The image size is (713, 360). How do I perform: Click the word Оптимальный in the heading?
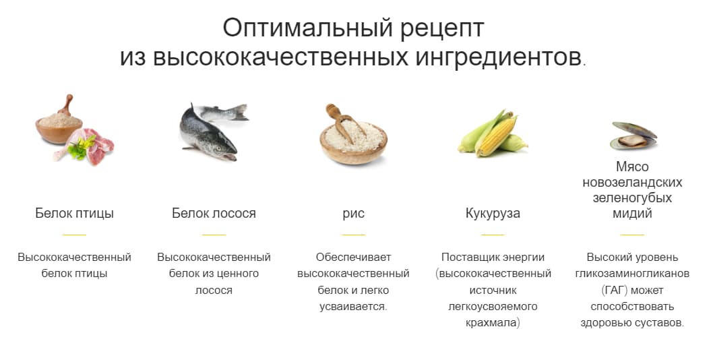pos(307,28)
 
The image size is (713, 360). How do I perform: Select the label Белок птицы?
pos(75,213)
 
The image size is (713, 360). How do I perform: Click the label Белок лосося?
pos(214,213)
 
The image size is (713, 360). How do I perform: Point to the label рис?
pos(353,214)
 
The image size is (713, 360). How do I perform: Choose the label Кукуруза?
pos(493,214)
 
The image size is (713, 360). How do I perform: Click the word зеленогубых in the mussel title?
pos(632,198)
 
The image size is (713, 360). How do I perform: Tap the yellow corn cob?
pos(496,133)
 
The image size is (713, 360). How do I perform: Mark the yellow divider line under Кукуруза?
pos(493,235)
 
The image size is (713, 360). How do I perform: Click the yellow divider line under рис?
pos(353,235)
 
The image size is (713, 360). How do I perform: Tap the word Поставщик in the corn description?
pos(467,258)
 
